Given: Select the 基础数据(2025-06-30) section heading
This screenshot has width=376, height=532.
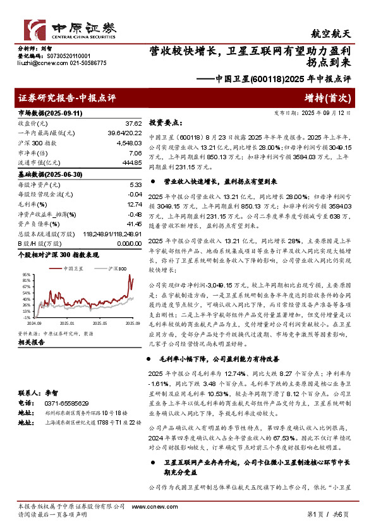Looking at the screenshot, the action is (x=45, y=173).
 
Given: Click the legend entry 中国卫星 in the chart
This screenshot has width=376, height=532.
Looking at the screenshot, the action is (x=74, y=268).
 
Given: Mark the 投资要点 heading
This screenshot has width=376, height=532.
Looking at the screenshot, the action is (x=166, y=123).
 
